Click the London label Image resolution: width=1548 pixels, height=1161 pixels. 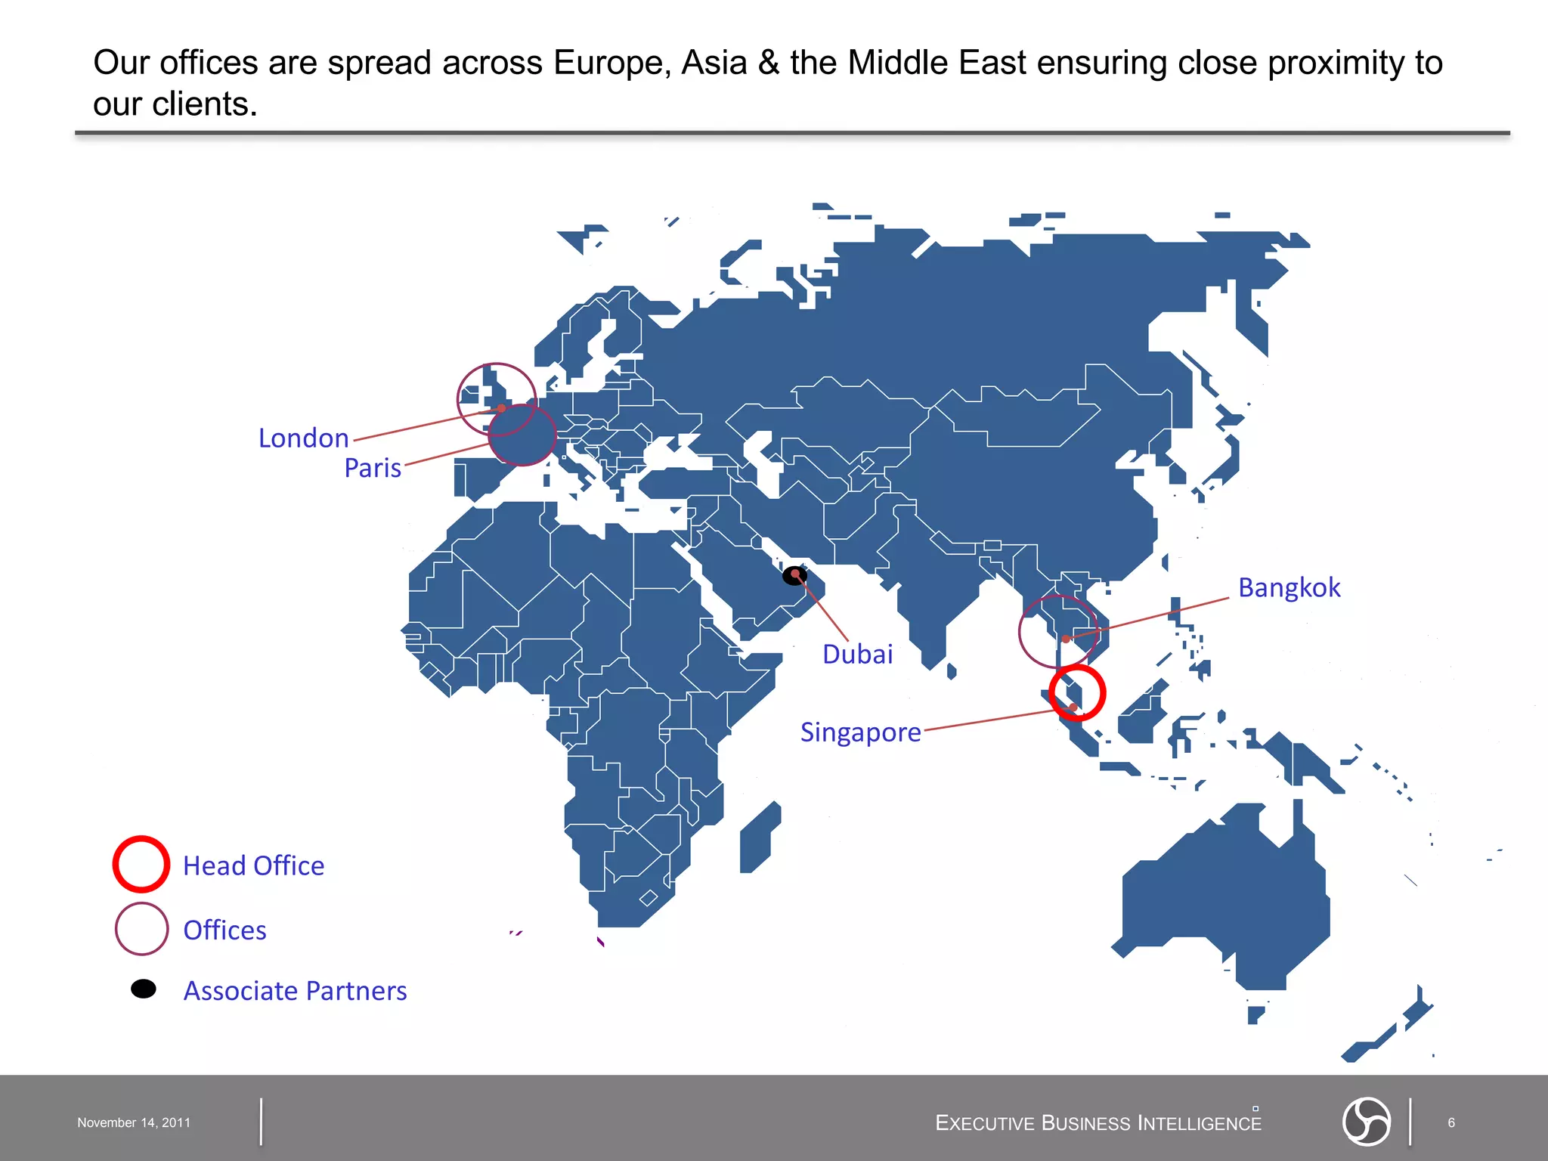[303, 438]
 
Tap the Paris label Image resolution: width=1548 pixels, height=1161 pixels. [373, 468]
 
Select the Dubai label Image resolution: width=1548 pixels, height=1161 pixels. [857, 655]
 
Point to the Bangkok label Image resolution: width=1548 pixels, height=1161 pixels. [1289, 588]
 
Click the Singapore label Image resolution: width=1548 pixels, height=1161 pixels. [860, 732]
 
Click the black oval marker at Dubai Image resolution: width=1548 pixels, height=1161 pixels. [794, 576]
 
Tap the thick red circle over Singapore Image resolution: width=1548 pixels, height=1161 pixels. [1077, 693]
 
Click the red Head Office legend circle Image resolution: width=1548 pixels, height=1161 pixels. [141, 864]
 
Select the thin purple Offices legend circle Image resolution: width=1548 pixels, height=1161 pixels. [141, 928]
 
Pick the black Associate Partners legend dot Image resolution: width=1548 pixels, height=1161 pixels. [144, 989]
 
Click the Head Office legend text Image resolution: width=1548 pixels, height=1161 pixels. [253, 866]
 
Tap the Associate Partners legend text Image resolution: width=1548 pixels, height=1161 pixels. [295, 991]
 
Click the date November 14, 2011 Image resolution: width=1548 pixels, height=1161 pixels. [134, 1122]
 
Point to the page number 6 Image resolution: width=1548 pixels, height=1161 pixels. [1450, 1122]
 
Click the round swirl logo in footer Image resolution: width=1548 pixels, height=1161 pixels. [1366, 1121]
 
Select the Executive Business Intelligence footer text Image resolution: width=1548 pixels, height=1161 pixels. [1098, 1123]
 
